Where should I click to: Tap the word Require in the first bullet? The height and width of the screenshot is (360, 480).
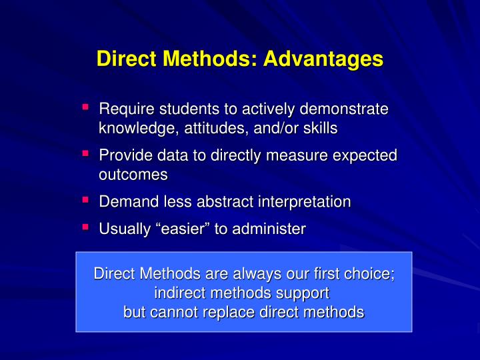pyautogui.click(x=123, y=109)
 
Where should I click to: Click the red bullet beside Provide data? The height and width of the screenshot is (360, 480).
pyautogui.click(x=86, y=153)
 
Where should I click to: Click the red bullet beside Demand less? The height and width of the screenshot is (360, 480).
pyautogui.click(x=86, y=199)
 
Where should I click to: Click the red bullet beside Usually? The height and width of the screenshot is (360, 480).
pyautogui.click(x=86, y=227)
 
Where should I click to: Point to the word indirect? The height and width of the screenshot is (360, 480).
pyautogui.click(x=179, y=293)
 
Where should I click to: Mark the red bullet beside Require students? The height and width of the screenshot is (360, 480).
pyautogui.click(x=86, y=107)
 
